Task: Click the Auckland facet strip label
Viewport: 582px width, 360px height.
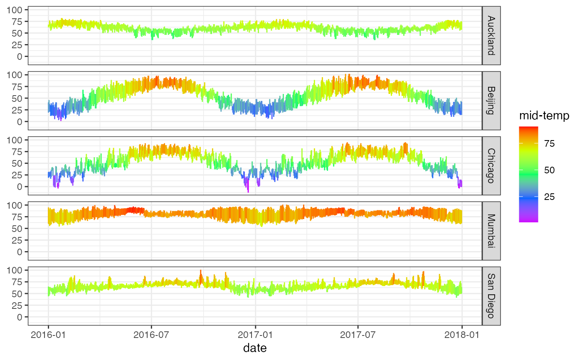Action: pos(491,35)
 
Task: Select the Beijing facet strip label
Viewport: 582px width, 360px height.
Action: pos(491,101)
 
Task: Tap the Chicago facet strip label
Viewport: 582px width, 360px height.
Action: pos(491,166)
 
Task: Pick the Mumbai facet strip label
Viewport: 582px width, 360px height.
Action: pos(491,231)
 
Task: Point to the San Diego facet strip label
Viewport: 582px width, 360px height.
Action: pos(491,296)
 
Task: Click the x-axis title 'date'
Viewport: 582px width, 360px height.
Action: pos(255,348)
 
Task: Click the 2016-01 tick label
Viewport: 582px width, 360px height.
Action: pos(48,335)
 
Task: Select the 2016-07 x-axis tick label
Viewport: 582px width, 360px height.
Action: pos(151,335)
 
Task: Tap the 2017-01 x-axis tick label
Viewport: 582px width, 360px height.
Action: pos(256,335)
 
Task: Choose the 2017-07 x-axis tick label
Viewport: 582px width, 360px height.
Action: pos(358,335)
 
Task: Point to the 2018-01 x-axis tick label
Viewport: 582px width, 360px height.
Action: pos(462,335)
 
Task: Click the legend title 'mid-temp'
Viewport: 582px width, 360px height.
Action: pos(544,117)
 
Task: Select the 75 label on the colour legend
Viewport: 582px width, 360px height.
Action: pos(550,144)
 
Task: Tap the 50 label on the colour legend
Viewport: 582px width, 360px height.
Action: pos(550,170)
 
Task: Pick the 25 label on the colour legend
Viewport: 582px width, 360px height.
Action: pos(550,197)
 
